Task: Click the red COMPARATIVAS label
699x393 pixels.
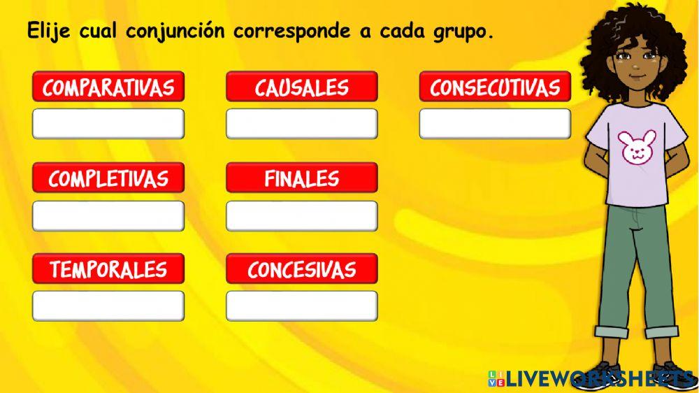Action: [x=108, y=87]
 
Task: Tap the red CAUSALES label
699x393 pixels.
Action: [x=302, y=87]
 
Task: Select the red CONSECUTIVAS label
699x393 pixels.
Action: [x=495, y=87]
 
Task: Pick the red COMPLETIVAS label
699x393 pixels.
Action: [x=108, y=178]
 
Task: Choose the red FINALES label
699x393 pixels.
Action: [x=302, y=178]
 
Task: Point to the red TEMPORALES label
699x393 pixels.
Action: [x=108, y=269]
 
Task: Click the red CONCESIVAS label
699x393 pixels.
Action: [x=302, y=269]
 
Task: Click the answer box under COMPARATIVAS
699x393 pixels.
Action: [x=108, y=124]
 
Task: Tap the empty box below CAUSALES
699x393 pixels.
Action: [x=302, y=124]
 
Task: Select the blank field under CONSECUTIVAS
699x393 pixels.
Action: [x=495, y=124]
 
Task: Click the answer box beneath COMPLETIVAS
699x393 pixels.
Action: [x=108, y=215]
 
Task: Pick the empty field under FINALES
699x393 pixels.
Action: [x=302, y=215]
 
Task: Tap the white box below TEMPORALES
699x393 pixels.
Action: [x=108, y=306]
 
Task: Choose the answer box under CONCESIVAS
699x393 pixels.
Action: [x=302, y=306]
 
